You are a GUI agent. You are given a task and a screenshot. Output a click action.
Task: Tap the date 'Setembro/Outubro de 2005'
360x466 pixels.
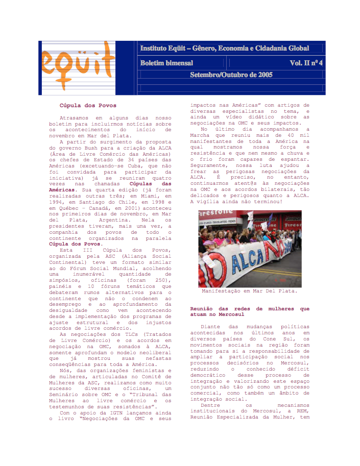[231, 75]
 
